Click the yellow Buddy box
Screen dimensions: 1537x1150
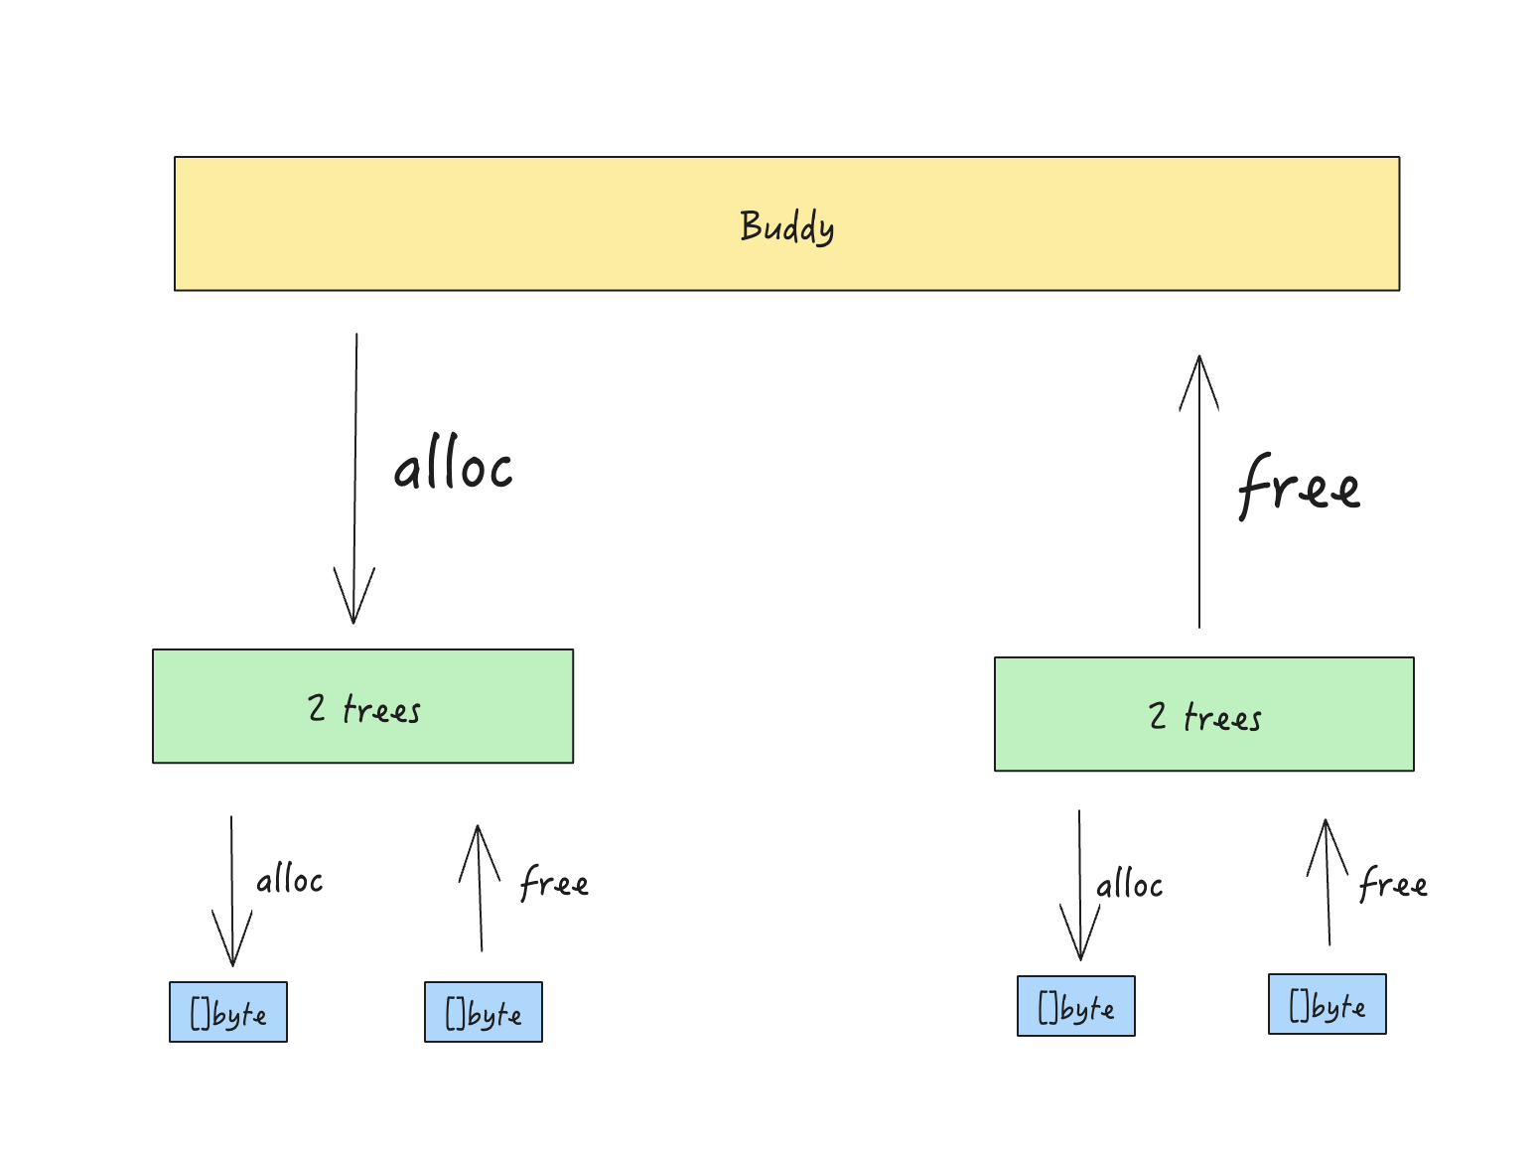click(786, 223)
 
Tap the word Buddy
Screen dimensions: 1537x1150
click(786, 226)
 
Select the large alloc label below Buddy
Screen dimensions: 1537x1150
click(453, 462)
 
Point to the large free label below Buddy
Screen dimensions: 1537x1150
click(1299, 486)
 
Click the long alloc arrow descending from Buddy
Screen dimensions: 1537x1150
click(355, 479)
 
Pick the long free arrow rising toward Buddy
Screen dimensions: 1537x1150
click(1198, 492)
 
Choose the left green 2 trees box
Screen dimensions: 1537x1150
click(362, 706)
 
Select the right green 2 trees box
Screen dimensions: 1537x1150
click(1203, 714)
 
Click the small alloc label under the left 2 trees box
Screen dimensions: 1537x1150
click(290, 879)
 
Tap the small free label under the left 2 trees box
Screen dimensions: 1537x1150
click(554, 882)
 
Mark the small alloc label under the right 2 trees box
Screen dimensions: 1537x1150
click(1130, 884)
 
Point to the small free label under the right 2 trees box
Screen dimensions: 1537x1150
click(1393, 883)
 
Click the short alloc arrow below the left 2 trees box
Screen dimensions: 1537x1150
click(231, 891)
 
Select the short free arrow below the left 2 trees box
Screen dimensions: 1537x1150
click(480, 888)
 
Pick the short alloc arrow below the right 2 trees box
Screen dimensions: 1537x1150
click(1079, 885)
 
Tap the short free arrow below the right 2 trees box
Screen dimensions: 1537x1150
click(1327, 883)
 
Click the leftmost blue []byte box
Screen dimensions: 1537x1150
click(228, 1012)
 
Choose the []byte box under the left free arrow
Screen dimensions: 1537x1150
click(484, 1012)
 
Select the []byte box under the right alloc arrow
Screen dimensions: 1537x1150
click(1076, 1006)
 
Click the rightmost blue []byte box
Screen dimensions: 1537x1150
click(1327, 1004)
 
